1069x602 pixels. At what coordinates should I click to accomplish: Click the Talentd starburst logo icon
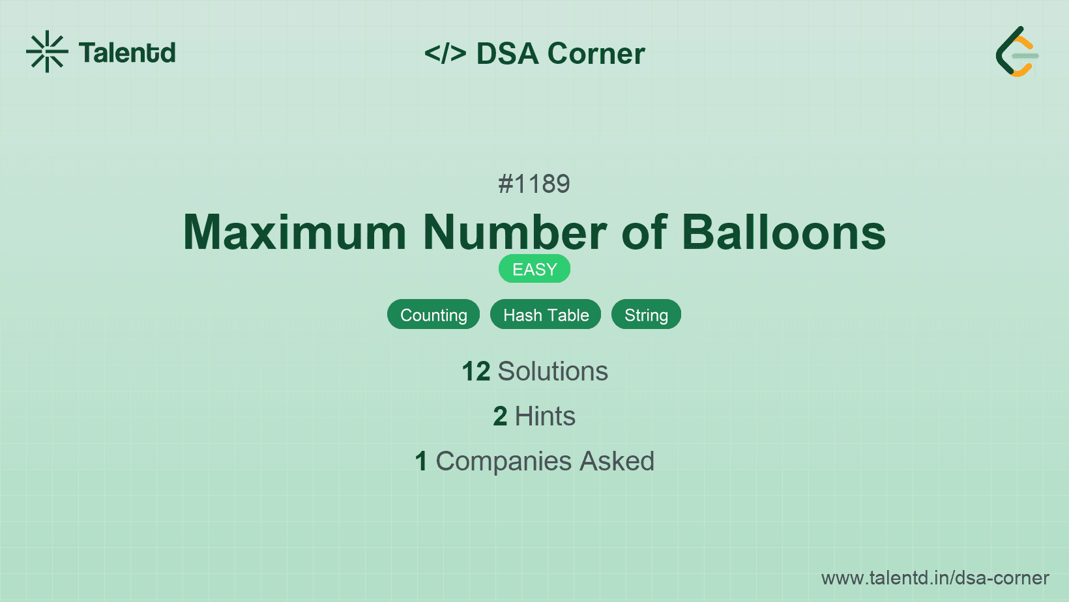[x=47, y=51]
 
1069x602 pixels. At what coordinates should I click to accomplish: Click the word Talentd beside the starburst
[x=127, y=53]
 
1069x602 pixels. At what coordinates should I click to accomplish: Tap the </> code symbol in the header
[x=445, y=53]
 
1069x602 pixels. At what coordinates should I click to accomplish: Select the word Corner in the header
[x=596, y=53]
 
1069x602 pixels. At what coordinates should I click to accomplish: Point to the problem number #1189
[x=534, y=184]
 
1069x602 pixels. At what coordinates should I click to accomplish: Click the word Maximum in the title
[x=295, y=233]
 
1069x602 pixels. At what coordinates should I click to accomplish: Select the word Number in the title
[x=515, y=233]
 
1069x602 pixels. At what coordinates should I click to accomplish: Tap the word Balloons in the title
[x=783, y=233]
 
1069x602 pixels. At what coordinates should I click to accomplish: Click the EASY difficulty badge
[x=534, y=269]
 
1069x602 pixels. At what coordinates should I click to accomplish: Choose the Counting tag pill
[x=433, y=315]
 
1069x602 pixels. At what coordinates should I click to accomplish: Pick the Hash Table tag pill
[x=546, y=315]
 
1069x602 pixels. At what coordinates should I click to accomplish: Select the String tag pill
[x=646, y=315]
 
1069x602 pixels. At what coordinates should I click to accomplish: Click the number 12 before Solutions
[x=476, y=371]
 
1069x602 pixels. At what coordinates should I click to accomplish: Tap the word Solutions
[x=553, y=371]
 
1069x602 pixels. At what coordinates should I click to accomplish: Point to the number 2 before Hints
[x=500, y=416]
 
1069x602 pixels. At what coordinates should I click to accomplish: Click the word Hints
[x=545, y=416]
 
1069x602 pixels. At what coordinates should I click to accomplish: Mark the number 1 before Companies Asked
[x=421, y=461]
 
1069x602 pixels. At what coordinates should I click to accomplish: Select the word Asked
[x=617, y=461]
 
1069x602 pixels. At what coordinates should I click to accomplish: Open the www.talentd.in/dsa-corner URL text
[x=935, y=578]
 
